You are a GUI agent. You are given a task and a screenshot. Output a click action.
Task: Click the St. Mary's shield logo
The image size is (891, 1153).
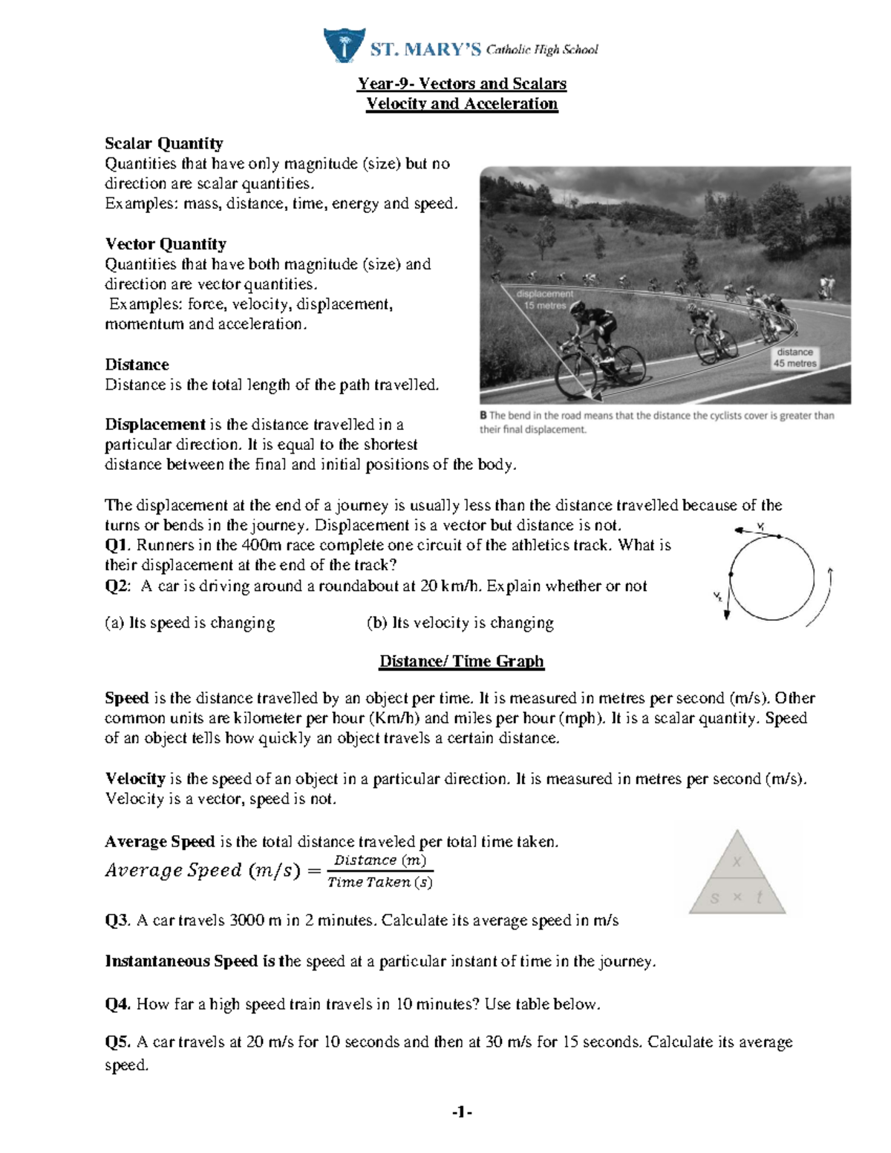coord(344,45)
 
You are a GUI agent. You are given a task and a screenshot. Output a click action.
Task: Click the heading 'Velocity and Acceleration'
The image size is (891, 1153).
coord(462,104)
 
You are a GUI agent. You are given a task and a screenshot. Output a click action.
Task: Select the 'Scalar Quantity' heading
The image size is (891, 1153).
coord(163,143)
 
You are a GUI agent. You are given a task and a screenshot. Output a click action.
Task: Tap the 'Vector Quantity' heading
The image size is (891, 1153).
coord(166,244)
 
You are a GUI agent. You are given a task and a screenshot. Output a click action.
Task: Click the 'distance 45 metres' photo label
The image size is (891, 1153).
coord(795,358)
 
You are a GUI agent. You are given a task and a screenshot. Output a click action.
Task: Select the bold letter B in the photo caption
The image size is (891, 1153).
coord(483,416)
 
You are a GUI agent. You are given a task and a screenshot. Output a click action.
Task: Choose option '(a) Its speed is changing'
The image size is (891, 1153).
coord(190,623)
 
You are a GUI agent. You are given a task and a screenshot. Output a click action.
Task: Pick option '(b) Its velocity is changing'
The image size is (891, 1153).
coord(460,623)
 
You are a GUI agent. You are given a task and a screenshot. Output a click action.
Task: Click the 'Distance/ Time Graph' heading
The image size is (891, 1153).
coord(462,662)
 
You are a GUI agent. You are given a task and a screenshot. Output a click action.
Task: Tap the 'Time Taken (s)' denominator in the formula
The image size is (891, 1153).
coord(380,882)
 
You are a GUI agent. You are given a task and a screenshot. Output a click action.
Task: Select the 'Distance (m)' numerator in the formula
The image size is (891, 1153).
coord(380,860)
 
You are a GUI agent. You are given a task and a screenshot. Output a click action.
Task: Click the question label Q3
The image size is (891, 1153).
coord(117,921)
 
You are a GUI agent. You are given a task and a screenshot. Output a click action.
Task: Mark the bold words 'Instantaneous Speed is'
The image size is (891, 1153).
coord(191,961)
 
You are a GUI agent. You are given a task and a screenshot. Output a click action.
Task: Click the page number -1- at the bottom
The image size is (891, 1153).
coord(462,1112)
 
